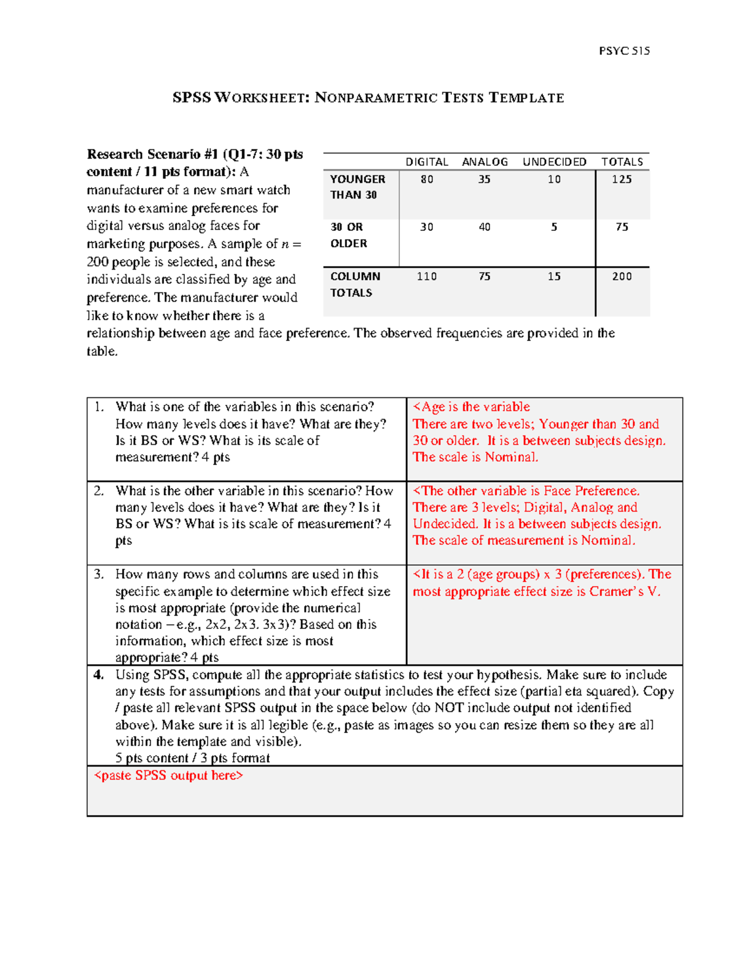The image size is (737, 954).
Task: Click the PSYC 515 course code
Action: click(624, 51)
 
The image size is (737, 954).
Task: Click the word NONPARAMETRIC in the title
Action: click(376, 98)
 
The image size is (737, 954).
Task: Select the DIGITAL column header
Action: click(426, 162)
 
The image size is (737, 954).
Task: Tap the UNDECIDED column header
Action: click(554, 162)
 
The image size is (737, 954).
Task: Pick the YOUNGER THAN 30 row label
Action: click(357, 187)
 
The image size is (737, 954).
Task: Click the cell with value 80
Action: click(426, 179)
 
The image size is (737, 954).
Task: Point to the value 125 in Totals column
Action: click(622, 179)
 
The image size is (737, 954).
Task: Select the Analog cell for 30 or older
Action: click(485, 227)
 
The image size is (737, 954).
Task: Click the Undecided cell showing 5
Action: click(554, 227)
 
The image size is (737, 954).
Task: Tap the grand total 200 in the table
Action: click(622, 276)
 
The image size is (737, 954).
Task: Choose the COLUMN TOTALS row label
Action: click(355, 284)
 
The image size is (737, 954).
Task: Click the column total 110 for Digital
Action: click(426, 276)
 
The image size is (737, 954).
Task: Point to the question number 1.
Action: click(99, 407)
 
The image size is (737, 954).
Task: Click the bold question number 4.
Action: click(99, 674)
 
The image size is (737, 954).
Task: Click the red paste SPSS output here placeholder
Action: click(168, 775)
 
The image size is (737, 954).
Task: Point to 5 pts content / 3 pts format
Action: click(192, 758)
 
